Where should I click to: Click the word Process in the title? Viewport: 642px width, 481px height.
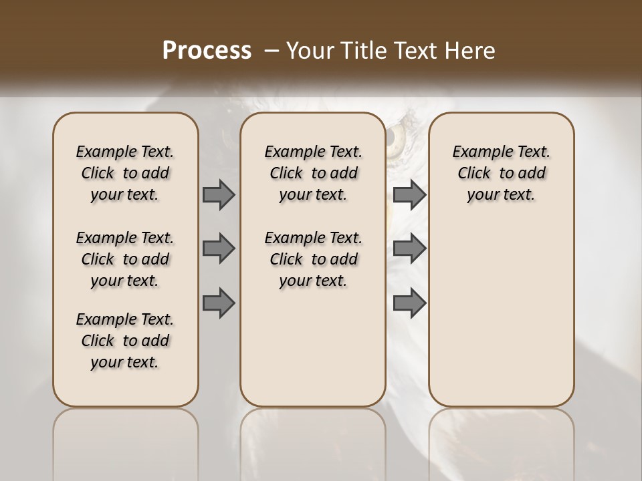click(x=207, y=50)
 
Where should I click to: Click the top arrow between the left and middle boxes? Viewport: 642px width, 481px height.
click(x=219, y=194)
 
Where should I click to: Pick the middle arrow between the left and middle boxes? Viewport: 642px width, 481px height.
click(x=219, y=249)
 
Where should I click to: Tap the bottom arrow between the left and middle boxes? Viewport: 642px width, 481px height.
click(x=219, y=303)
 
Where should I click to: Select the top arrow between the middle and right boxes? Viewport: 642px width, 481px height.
click(x=409, y=194)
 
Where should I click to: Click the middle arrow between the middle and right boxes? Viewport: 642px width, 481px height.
click(x=409, y=249)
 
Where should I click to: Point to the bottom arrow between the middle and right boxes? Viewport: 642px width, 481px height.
click(x=409, y=303)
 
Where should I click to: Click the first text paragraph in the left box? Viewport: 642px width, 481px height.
click(x=125, y=173)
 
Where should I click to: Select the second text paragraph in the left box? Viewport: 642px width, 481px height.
click(x=125, y=259)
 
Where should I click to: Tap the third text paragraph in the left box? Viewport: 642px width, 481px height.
click(x=125, y=341)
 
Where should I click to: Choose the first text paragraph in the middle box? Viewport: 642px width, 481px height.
click(x=313, y=173)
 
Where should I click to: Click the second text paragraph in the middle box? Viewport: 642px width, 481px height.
click(x=313, y=259)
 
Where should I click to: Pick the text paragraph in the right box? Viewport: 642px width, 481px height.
click(x=501, y=173)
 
